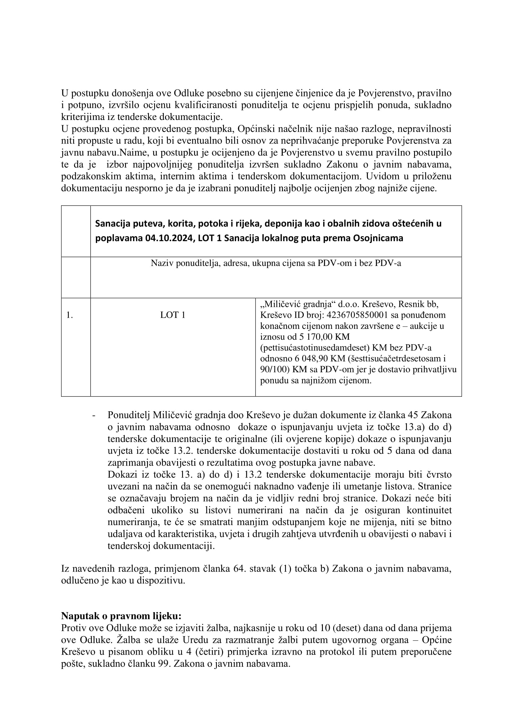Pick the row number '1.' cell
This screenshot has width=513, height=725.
click(x=70, y=315)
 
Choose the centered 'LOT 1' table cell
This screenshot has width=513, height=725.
click(x=173, y=315)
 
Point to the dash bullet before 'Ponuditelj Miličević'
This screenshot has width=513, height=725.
click(x=94, y=415)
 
